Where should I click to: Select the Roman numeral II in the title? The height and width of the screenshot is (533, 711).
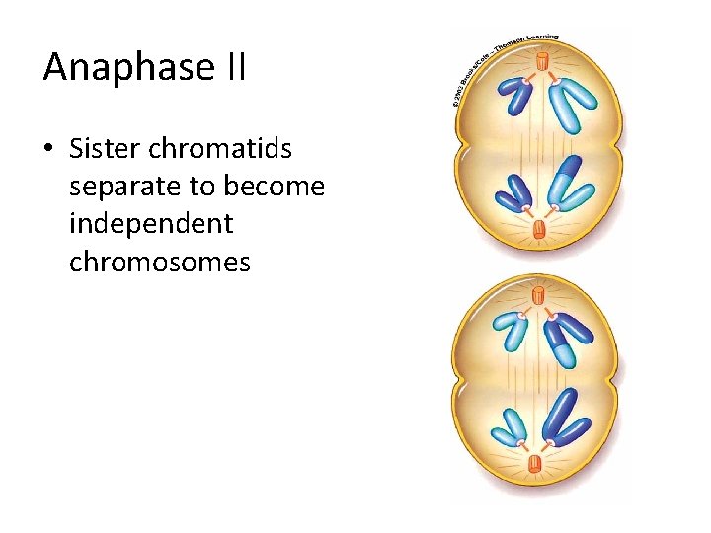[x=232, y=67]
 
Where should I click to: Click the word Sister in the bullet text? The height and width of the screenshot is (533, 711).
[x=104, y=149]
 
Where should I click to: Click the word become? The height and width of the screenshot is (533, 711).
[x=276, y=187]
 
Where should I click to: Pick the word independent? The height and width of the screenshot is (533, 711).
[x=151, y=224]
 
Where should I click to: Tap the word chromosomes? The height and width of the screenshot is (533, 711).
[x=160, y=262]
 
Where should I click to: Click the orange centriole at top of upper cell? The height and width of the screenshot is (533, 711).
[x=541, y=62]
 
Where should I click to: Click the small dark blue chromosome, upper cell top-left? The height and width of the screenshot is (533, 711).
[x=514, y=96]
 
